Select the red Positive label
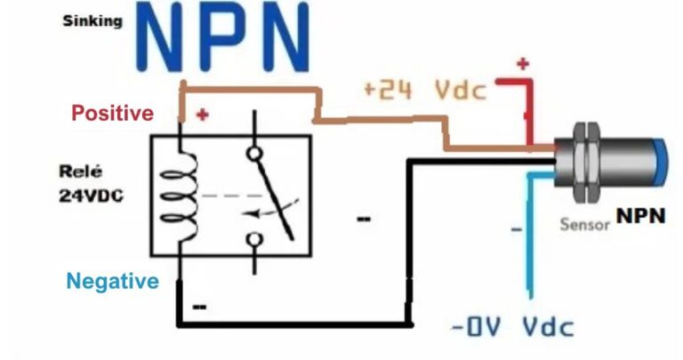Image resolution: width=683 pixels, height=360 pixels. tap(112, 113)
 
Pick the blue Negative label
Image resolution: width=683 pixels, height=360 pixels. tap(113, 282)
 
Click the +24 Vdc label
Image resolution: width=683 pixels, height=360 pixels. tap(424, 90)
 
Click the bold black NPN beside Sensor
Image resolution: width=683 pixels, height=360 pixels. tap(641, 216)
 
